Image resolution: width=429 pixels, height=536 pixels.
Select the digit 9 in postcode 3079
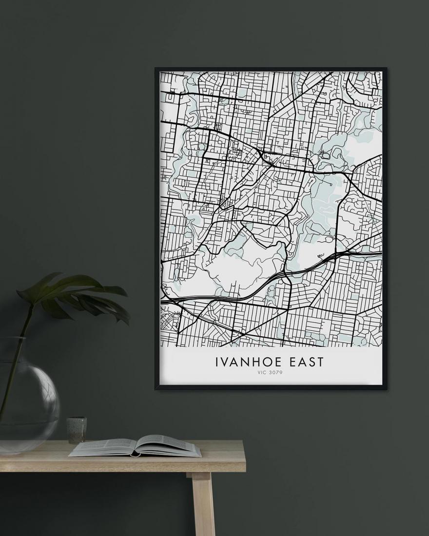pyautogui.click(x=281, y=374)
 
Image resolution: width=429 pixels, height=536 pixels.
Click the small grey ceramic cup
pyautogui.click(x=77, y=429)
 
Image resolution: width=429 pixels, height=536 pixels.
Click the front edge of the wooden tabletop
pyautogui.click(x=122, y=465)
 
